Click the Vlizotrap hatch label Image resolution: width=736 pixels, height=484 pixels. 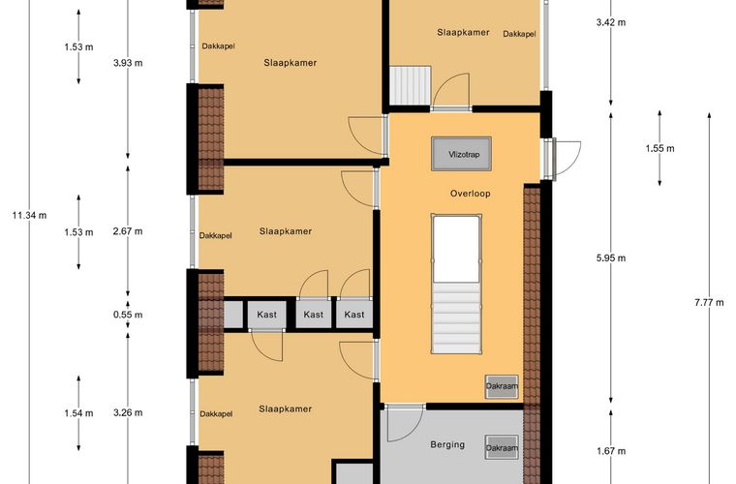464,154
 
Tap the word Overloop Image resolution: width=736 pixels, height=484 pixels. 471,194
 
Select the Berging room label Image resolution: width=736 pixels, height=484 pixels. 447,444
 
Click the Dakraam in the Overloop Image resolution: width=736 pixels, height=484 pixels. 502,386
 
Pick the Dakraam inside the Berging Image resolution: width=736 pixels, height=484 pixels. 502,448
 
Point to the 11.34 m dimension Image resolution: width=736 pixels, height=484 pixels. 30,216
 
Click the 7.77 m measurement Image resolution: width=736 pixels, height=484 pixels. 709,302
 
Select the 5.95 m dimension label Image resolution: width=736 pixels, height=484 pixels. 611,257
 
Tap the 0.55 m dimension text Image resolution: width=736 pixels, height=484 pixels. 128,315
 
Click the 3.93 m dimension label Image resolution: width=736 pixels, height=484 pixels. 128,63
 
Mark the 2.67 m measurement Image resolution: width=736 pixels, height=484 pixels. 128,231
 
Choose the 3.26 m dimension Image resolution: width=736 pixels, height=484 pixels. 128,412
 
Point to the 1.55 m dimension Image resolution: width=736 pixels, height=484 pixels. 659,149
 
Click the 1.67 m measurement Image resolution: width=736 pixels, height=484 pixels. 611,451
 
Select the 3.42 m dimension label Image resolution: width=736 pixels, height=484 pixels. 611,22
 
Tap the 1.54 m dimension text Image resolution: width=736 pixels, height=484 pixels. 78,413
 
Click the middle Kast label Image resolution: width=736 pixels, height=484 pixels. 313,315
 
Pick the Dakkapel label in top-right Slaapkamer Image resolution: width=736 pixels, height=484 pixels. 520,34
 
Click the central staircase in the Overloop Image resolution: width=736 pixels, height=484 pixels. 457,284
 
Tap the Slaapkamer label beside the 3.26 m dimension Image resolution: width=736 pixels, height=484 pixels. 286,408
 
